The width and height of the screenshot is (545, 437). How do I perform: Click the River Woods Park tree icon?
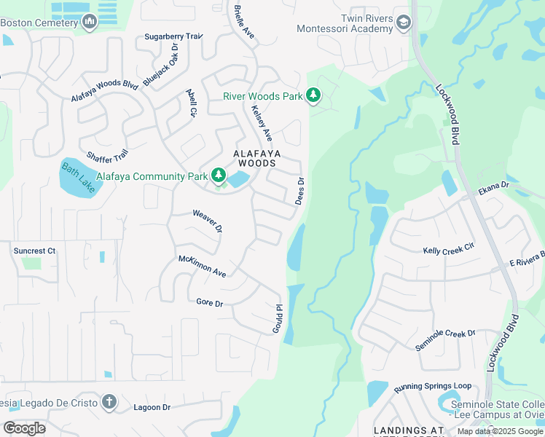pos(313,96)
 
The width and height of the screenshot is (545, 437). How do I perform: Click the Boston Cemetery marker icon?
pos(90,23)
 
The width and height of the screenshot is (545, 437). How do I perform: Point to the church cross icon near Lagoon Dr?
pos(109,402)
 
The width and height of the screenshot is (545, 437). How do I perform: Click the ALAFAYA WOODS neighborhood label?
pos(254,159)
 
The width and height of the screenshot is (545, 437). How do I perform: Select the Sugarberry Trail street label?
pos(173,36)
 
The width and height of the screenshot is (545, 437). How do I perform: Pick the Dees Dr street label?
pos(299,191)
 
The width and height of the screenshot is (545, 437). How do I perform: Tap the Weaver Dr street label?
pos(206,221)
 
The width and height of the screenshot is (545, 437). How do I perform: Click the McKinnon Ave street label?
pos(203,266)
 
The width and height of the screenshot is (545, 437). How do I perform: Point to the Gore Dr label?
pos(209,302)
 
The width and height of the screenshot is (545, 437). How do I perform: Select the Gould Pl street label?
pos(277,319)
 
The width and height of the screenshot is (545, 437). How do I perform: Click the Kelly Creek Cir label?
pos(448,250)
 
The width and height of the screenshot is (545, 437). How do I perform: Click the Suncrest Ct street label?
pos(34,251)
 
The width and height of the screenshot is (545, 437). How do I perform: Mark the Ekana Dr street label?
pos(493,187)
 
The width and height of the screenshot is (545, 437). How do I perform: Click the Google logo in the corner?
pos(24,428)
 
